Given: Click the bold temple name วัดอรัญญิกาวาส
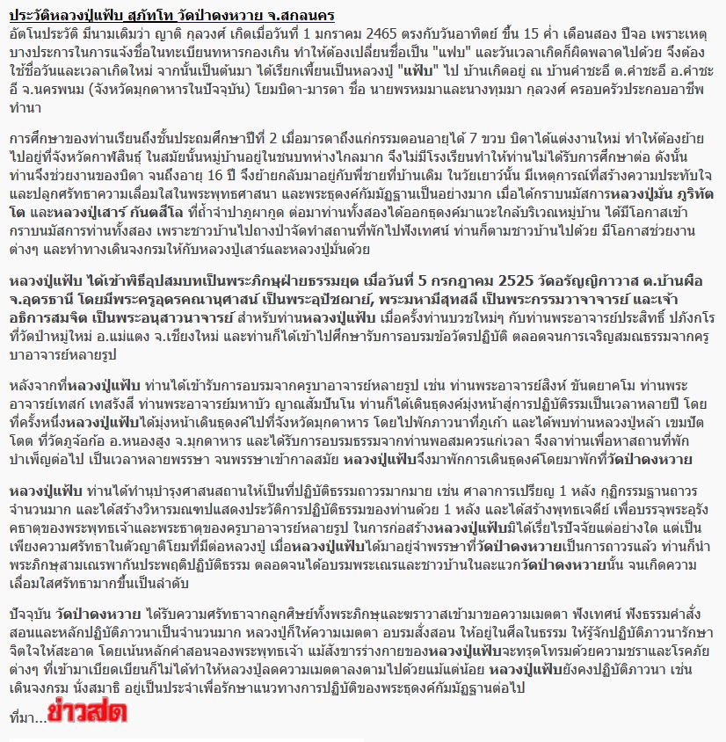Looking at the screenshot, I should tap(593, 281).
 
